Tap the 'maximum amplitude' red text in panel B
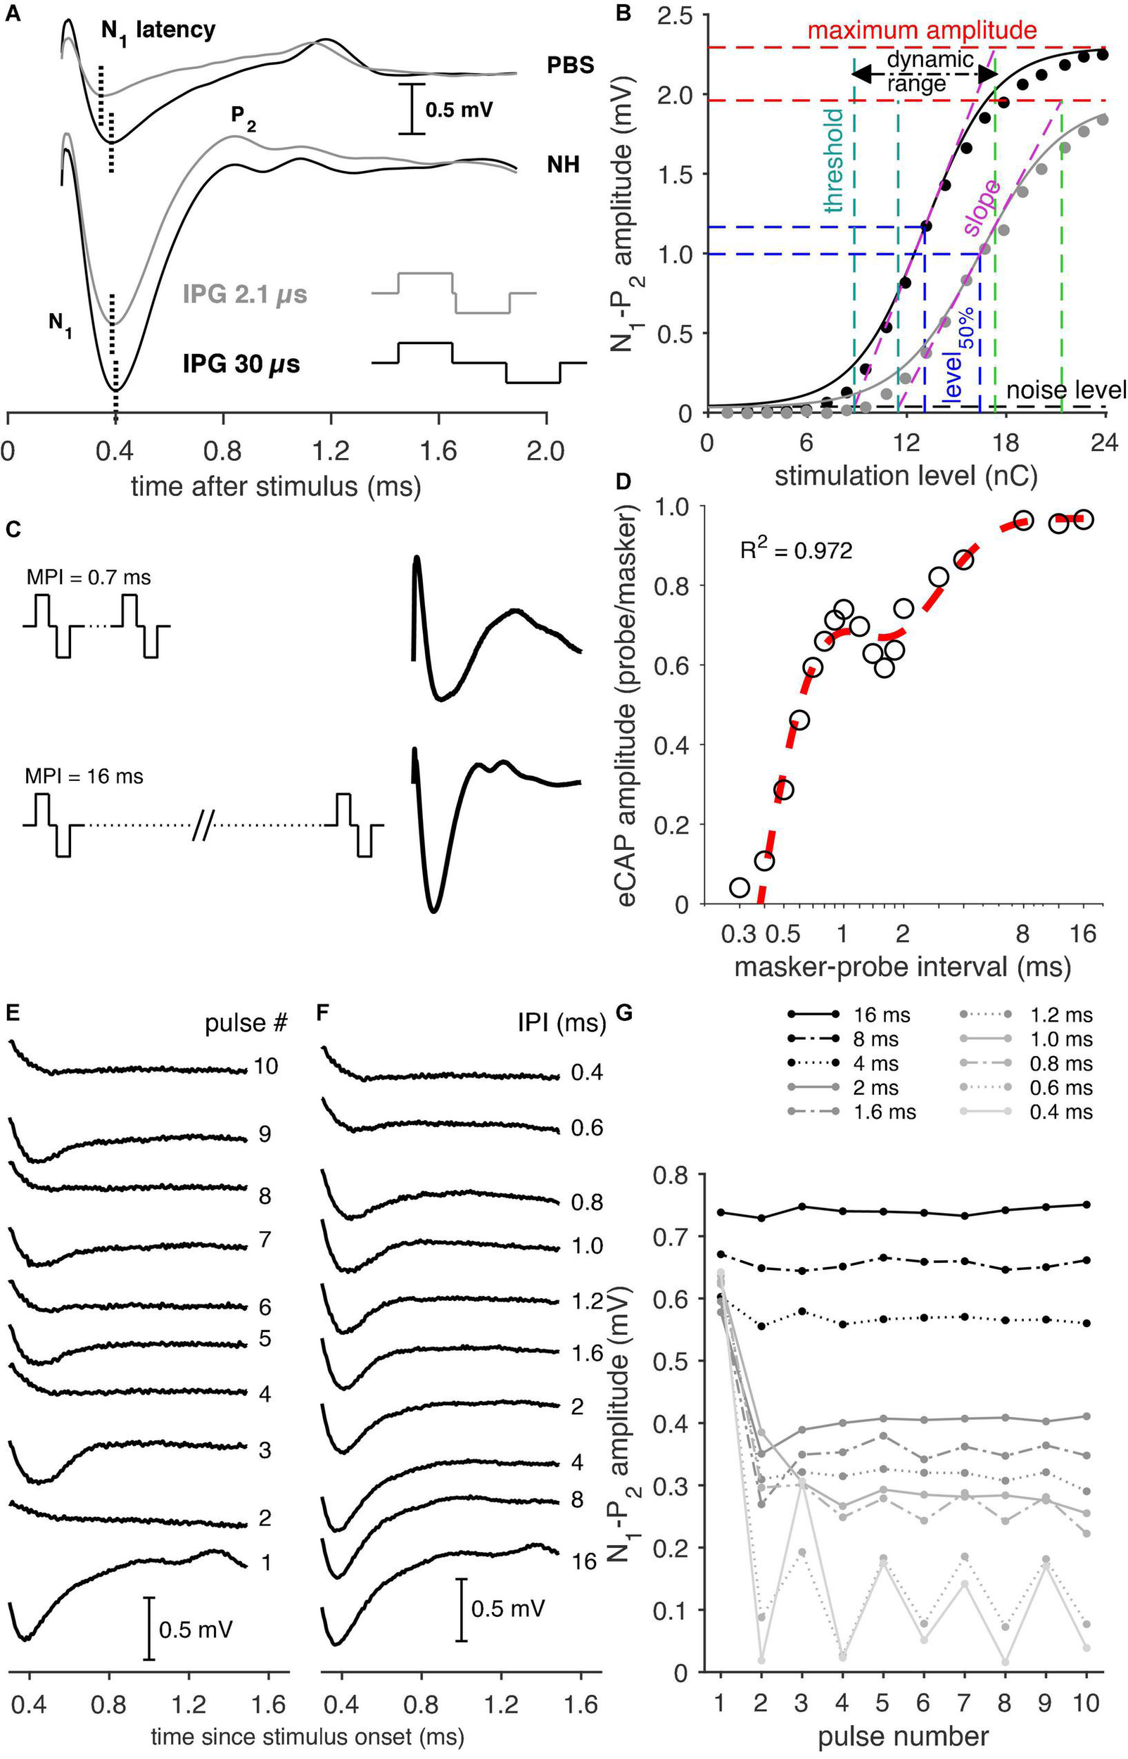tap(921, 31)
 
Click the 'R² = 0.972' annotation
tap(795, 550)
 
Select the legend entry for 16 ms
tap(849, 1015)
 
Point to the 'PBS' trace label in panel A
tap(570, 66)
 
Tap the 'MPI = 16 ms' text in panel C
tap(84, 776)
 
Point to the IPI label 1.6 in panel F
tap(587, 1352)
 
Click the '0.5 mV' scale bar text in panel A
tap(460, 110)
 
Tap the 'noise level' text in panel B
tap(1066, 390)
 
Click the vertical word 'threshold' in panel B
tap(835, 161)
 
